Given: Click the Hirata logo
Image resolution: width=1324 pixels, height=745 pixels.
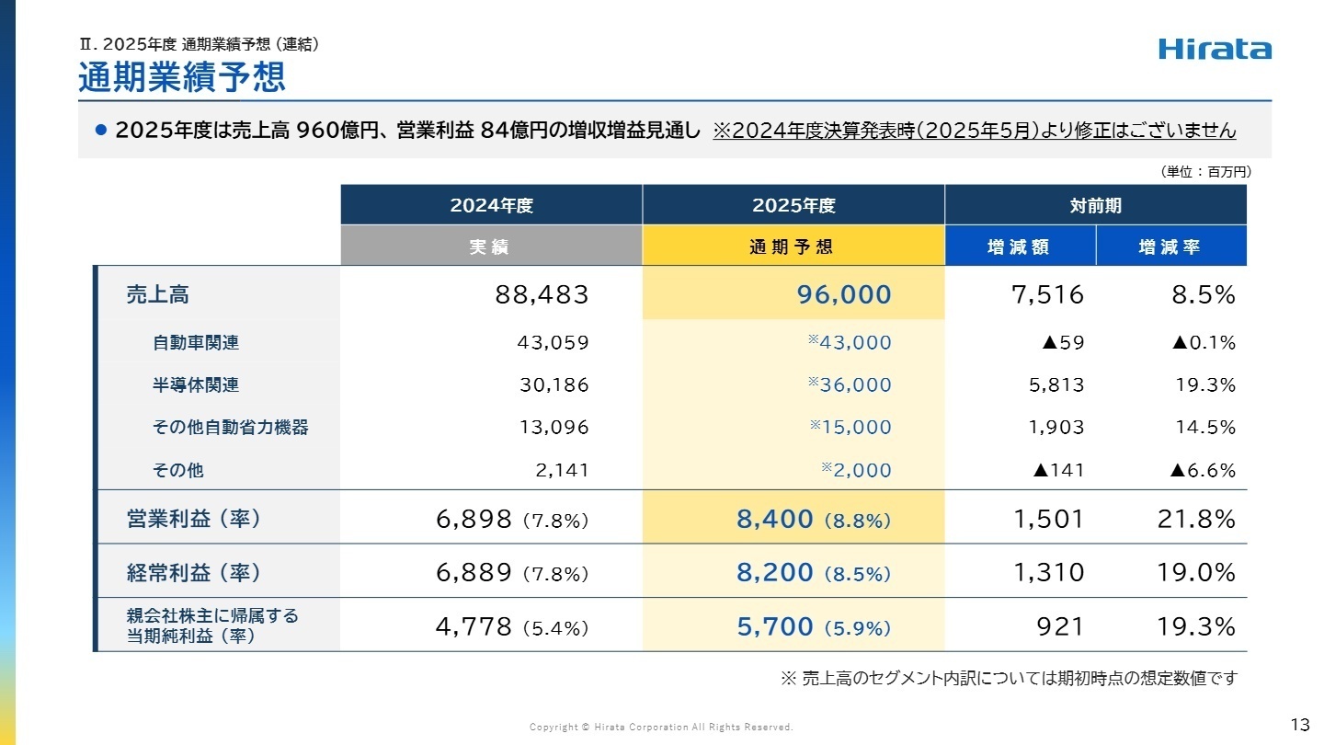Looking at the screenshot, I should click(1215, 50).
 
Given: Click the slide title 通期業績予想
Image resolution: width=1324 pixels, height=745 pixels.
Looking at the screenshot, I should click(182, 77).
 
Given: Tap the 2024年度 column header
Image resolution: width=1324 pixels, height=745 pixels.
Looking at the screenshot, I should click(491, 205).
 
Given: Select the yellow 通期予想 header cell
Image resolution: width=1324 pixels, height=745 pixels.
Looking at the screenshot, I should click(793, 246).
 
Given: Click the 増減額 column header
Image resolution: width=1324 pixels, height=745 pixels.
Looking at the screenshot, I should click(1019, 246).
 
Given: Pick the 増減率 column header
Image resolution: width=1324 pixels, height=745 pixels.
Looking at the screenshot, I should click(1170, 246).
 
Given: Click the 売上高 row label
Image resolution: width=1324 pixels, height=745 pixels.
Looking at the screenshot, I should click(157, 294).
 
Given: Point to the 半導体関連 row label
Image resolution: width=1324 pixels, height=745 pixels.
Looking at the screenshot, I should click(196, 384).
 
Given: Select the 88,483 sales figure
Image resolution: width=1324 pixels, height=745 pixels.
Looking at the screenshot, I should click(542, 294).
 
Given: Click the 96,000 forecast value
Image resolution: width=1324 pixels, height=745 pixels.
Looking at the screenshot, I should click(844, 294).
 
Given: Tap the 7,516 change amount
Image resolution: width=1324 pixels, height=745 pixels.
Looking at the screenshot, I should click(1049, 294).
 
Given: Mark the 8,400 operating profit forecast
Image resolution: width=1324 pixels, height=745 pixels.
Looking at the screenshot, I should click(774, 520).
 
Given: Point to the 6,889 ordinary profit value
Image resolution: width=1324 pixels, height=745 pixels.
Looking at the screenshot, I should click(474, 572).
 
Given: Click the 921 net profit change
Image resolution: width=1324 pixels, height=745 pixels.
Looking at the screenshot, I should click(1062, 626).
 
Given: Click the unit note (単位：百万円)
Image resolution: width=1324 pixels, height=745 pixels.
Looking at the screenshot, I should click(1205, 171).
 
